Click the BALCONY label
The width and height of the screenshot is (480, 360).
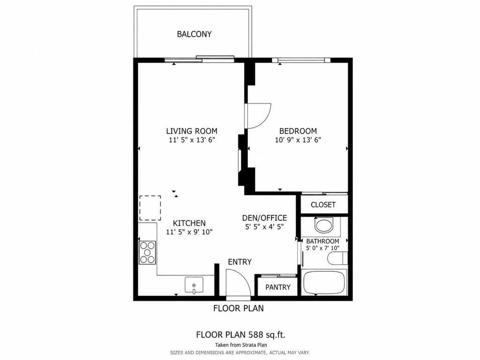pyautogui.click(x=194, y=34)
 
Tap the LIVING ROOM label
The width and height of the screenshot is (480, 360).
pyautogui.click(x=192, y=131)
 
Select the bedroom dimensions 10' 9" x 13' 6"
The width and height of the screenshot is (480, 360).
pyautogui.click(x=298, y=140)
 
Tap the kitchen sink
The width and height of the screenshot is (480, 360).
pyautogui.click(x=194, y=284)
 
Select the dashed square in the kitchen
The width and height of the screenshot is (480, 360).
pyautogui.click(x=150, y=208)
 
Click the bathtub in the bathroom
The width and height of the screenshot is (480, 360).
pyautogui.click(x=324, y=282)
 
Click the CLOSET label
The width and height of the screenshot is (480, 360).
pyautogui.click(x=323, y=205)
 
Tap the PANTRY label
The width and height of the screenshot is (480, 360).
pyautogui.click(x=278, y=287)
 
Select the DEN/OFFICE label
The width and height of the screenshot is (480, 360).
pyautogui.click(x=264, y=218)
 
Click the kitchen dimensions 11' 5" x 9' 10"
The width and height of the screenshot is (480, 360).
pyautogui.click(x=189, y=232)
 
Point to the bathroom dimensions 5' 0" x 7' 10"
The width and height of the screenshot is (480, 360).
pyautogui.click(x=322, y=248)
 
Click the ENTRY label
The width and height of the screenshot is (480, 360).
pyautogui.click(x=240, y=262)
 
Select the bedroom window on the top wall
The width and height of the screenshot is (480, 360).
pyautogui.click(x=301, y=60)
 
